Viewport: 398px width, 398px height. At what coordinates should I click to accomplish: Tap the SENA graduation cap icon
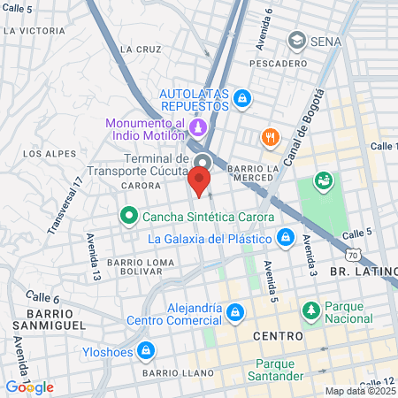pos(295,42)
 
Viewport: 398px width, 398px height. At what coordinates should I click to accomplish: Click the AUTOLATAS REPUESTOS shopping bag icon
pos(242,100)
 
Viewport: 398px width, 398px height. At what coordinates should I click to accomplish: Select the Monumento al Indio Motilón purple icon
pos(199,127)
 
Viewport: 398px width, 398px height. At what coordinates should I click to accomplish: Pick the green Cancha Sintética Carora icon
pos(129,216)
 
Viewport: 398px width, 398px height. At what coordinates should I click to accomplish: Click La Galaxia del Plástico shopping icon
pos(285,238)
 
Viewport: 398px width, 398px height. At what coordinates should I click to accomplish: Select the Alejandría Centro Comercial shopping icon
pos(233,312)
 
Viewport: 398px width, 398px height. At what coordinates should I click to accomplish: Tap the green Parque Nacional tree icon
pos(310,311)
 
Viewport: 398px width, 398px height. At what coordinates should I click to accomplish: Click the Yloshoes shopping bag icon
pos(147,351)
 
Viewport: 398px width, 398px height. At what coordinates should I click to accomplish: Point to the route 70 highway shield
pos(354,255)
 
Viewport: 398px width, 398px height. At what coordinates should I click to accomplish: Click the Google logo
pos(29,387)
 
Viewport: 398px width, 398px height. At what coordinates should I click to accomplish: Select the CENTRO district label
pos(277,337)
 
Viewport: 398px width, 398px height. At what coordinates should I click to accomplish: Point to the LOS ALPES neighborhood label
pos(44,153)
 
